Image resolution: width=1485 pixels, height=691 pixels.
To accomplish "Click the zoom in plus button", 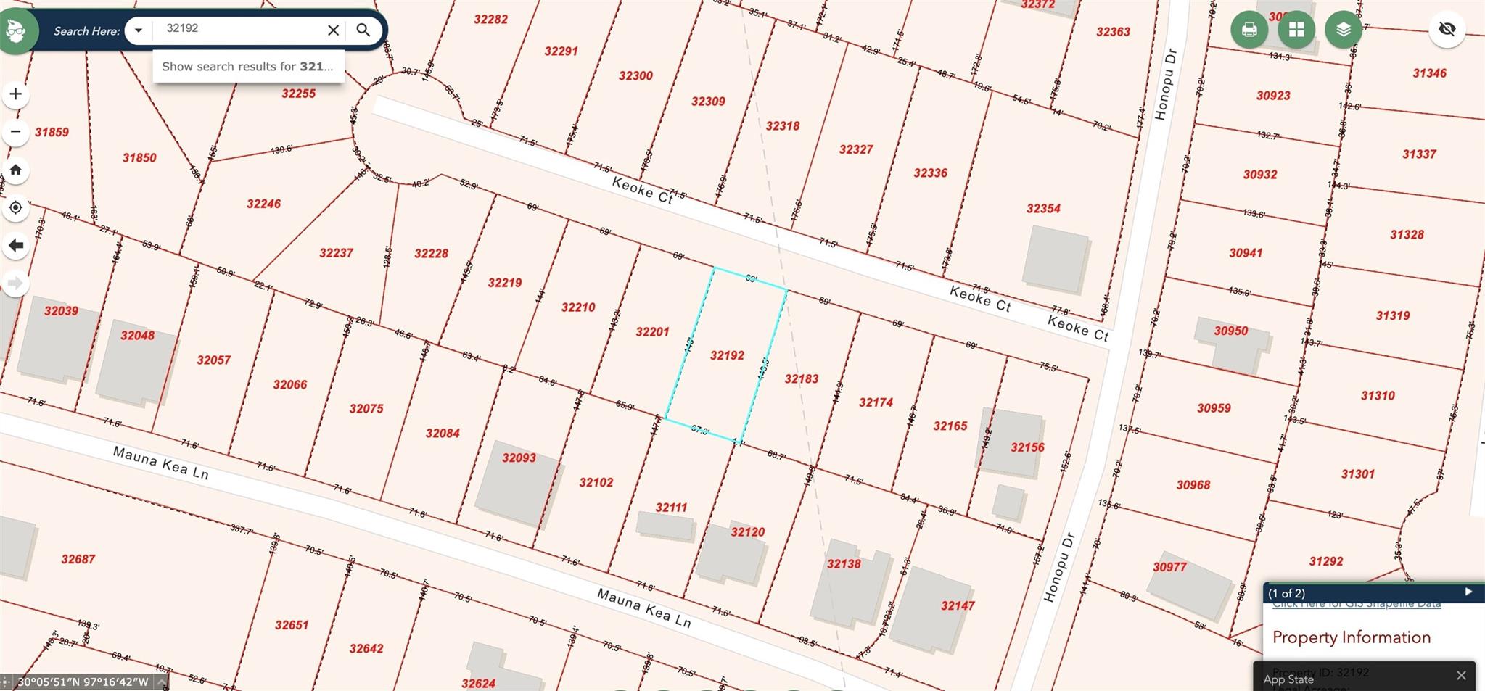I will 15,94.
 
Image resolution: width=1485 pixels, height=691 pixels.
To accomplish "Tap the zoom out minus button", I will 15,132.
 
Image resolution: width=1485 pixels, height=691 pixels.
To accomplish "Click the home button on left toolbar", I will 15,170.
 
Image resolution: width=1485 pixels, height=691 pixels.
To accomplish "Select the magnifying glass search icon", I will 363,30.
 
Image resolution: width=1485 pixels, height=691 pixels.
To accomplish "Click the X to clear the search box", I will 333,30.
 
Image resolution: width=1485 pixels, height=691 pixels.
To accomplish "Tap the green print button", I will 1249,30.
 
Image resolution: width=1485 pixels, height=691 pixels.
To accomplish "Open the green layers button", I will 1343,30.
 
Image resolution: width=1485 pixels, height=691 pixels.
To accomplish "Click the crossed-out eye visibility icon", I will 1447,29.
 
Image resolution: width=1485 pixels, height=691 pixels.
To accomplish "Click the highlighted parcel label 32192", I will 727,355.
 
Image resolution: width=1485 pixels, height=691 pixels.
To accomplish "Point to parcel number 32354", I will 1043,209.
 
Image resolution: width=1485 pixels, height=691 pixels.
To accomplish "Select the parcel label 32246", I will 263,204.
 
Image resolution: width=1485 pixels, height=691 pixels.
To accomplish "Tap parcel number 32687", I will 78,559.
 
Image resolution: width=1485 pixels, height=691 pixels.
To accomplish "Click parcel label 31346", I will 1429,73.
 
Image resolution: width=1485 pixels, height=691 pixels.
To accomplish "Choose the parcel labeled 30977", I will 1169,567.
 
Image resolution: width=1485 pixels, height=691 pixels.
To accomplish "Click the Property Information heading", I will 1351,637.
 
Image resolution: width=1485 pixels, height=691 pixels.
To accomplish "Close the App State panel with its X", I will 1461,675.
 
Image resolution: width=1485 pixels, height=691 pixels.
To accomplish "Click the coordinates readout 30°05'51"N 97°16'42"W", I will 83,682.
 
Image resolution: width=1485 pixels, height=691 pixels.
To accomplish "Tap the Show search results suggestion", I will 247,67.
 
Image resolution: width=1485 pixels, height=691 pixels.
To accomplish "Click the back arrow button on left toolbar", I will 15,246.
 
